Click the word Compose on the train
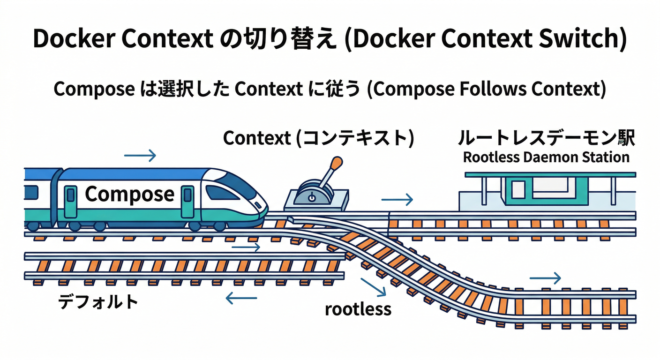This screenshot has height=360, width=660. (129, 194)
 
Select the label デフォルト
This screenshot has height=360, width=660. (98, 301)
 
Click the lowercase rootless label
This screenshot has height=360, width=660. (358, 308)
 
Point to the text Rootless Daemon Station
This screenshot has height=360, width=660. (546, 157)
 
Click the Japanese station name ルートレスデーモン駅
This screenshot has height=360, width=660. (546, 139)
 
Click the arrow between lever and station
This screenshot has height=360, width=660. (397, 200)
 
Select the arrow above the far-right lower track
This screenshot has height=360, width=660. (545, 278)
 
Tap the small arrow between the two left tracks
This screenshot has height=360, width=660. (246, 247)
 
